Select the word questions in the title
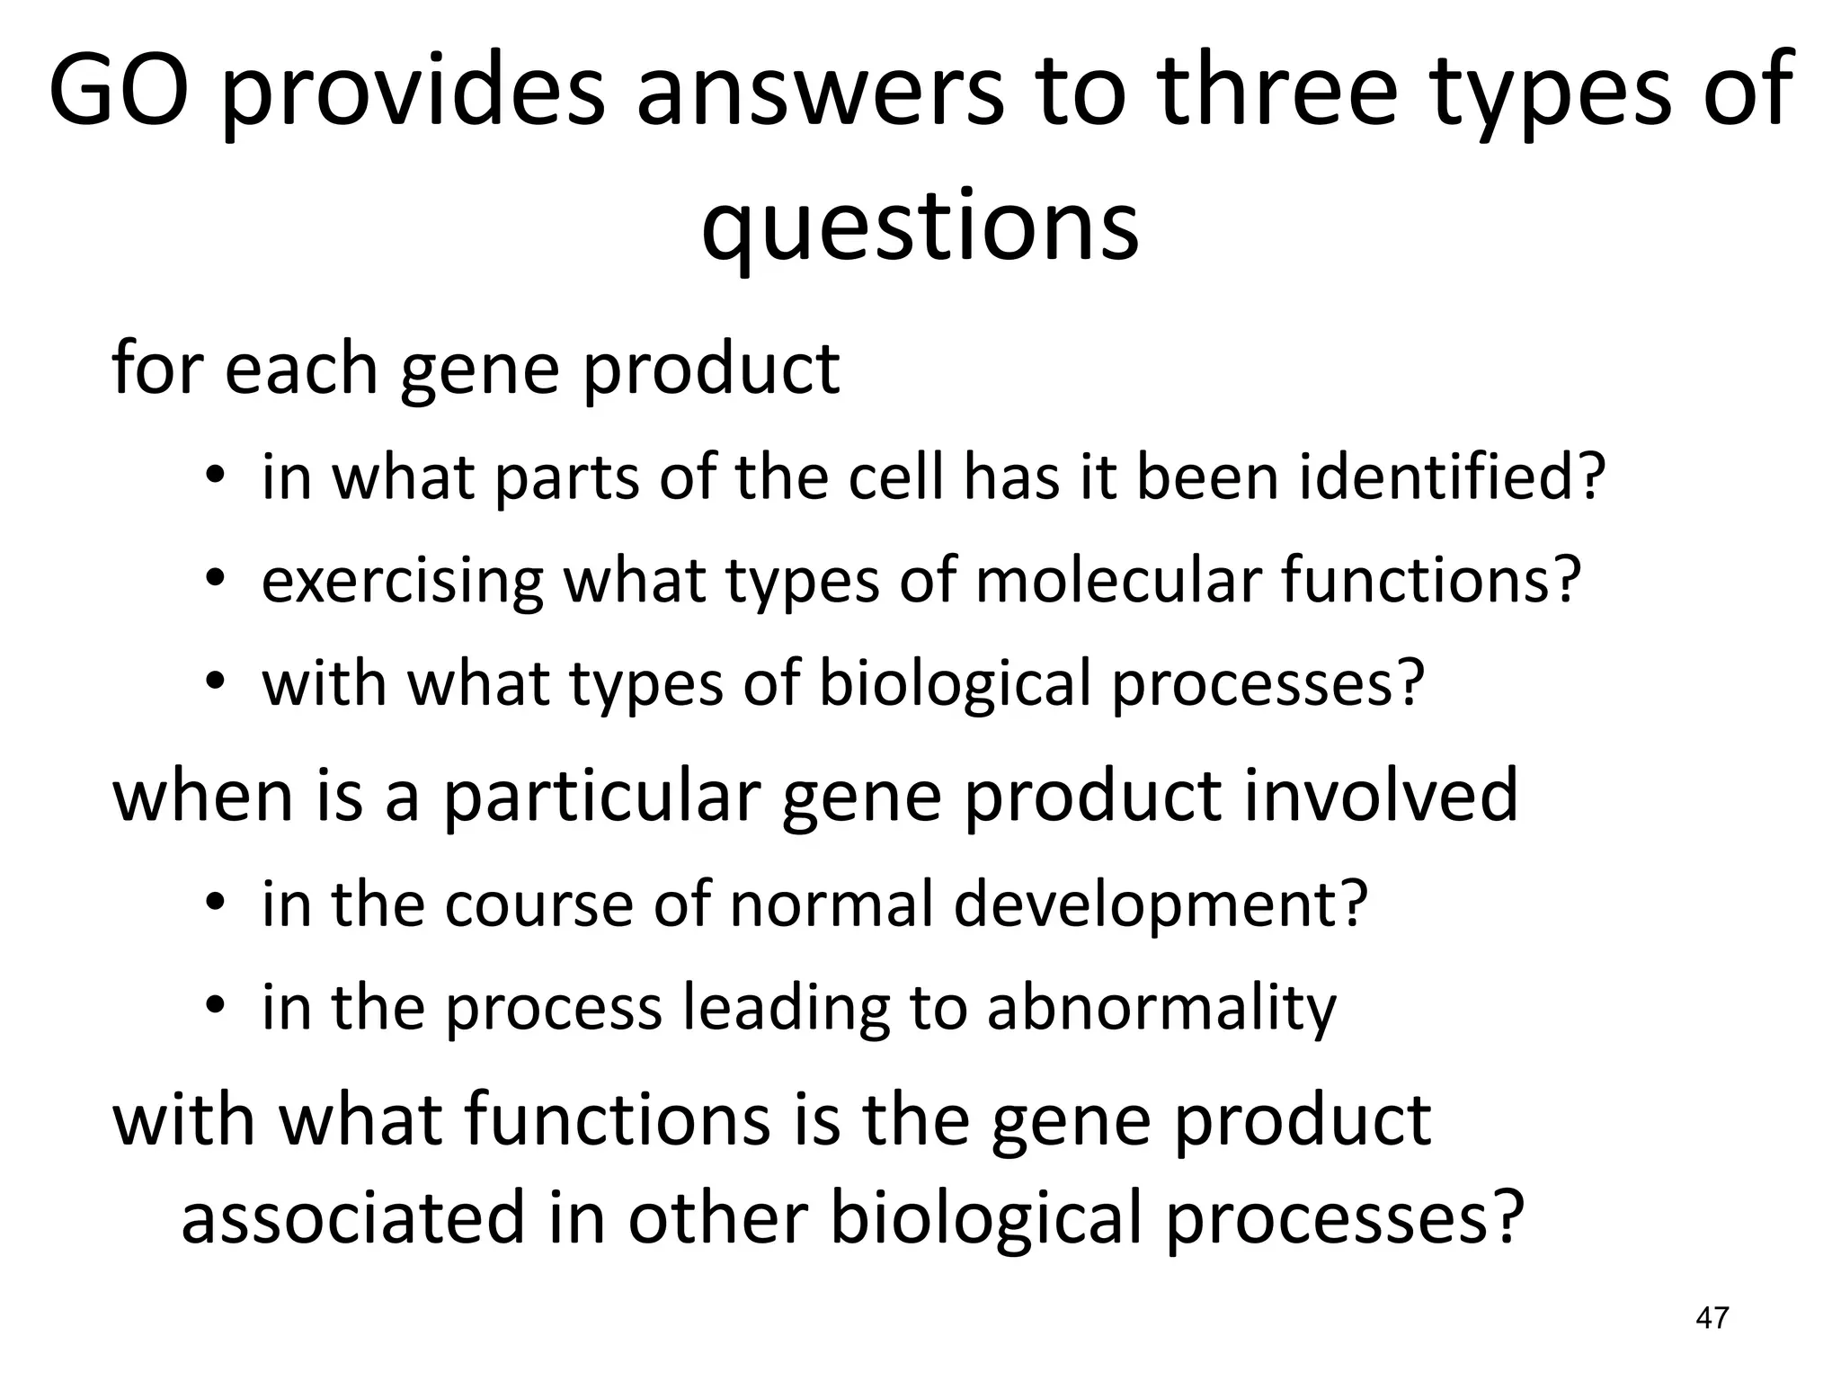click(x=920, y=225)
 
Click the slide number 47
click(x=1712, y=1318)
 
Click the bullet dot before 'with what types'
click(x=213, y=682)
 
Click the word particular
click(x=602, y=796)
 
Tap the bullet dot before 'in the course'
click(x=213, y=903)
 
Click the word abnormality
click(x=1161, y=1009)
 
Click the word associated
click(x=352, y=1218)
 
